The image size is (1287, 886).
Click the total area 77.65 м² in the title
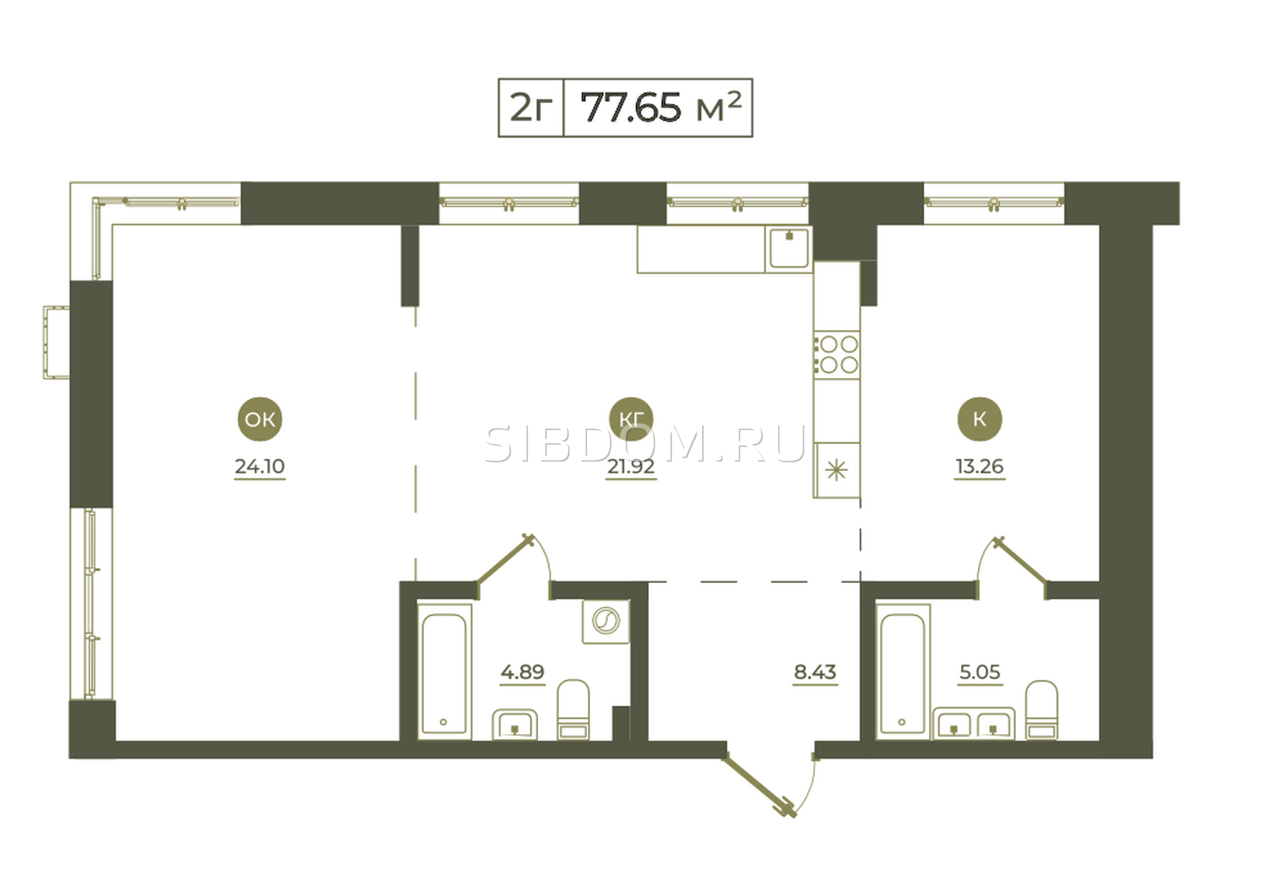point(660,108)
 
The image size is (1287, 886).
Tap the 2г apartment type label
point(531,108)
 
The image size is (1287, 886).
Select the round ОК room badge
point(261,419)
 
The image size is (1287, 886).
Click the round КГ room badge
point(631,419)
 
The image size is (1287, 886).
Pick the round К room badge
point(980,419)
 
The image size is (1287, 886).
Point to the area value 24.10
point(260,466)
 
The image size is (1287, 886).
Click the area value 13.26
point(980,466)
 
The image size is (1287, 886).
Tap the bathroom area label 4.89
point(522,672)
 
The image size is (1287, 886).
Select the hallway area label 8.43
point(815,672)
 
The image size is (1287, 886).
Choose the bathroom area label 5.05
point(980,672)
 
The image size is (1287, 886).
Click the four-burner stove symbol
point(837,355)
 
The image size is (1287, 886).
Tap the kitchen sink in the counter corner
point(789,249)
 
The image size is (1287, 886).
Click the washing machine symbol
point(606,621)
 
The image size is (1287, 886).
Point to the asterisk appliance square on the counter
point(837,470)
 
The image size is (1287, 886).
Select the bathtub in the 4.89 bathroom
point(444,671)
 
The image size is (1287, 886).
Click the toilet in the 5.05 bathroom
point(1041,710)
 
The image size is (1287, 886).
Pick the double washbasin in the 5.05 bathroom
point(974,724)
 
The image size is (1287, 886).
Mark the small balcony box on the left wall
point(56,343)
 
